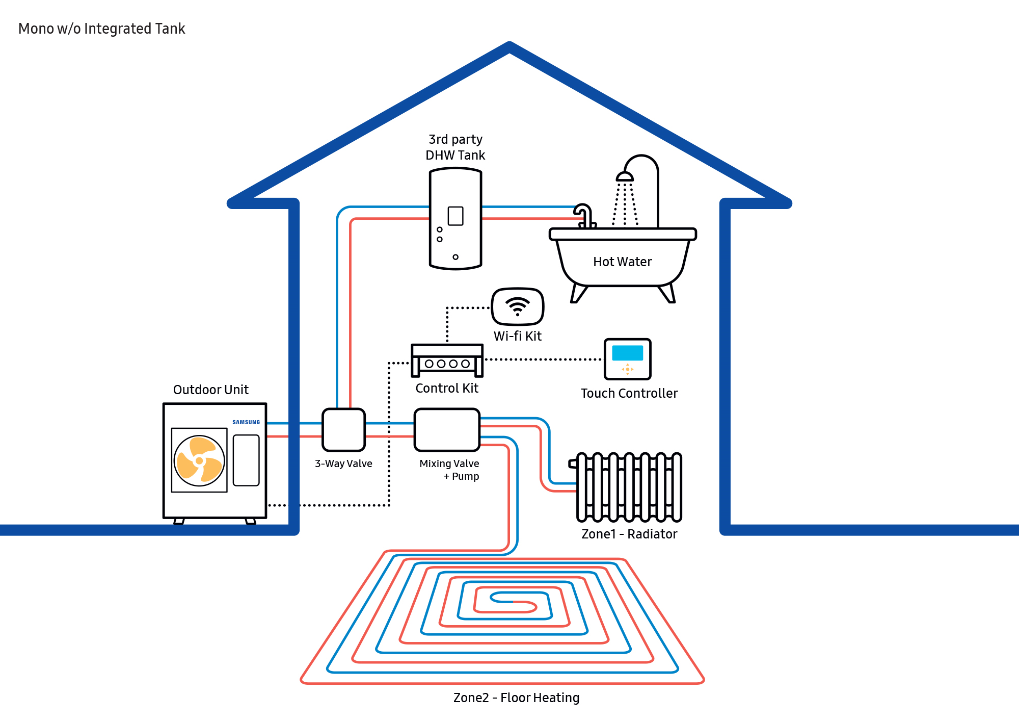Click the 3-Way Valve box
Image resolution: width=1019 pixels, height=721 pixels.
coord(344,430)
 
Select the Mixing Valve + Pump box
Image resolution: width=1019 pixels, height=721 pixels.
coord(447,430)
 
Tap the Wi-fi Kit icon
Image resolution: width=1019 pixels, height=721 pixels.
coord(518,306)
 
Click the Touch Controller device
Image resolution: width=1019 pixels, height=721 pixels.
coord(628,359)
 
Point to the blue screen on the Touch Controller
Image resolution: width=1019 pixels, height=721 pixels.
coord(628,353)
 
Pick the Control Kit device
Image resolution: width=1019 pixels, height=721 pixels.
coord(447,360)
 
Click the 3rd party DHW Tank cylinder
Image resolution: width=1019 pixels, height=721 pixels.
coord(455,219)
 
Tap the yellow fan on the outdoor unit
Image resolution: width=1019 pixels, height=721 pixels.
coord(199,460)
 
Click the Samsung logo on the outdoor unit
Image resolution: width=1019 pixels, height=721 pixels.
coord(246,422)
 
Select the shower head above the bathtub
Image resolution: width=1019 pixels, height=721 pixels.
coord(625,177)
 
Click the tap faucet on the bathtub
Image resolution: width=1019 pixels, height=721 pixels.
coord(585,216)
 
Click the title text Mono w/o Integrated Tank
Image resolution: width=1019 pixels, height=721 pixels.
coord(101,29)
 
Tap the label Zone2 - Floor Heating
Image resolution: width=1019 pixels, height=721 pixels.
coord(517,698)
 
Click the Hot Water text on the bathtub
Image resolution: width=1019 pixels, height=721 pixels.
coord(623,262)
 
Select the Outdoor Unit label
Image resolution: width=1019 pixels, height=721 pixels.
coord(211,390)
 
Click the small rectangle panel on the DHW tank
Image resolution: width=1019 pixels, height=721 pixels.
coord(455,216)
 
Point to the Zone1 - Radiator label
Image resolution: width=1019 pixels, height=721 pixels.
coord(629,534)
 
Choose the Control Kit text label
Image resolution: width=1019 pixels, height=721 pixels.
coord(447,388)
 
